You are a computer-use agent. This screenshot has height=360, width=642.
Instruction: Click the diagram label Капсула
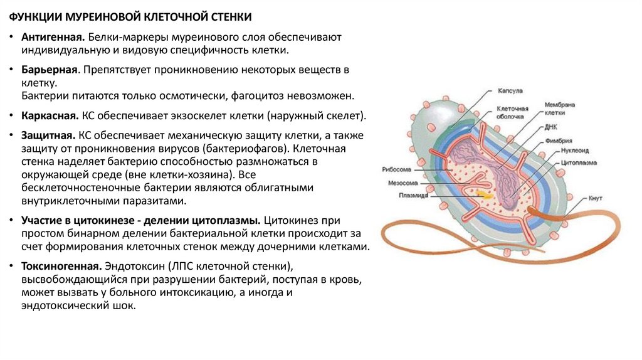point(510,91)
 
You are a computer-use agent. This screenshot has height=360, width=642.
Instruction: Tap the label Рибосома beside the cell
point(396,169)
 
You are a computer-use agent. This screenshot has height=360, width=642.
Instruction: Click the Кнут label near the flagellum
point(595,198)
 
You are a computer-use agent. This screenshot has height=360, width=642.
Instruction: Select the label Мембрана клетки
point(559,109)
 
